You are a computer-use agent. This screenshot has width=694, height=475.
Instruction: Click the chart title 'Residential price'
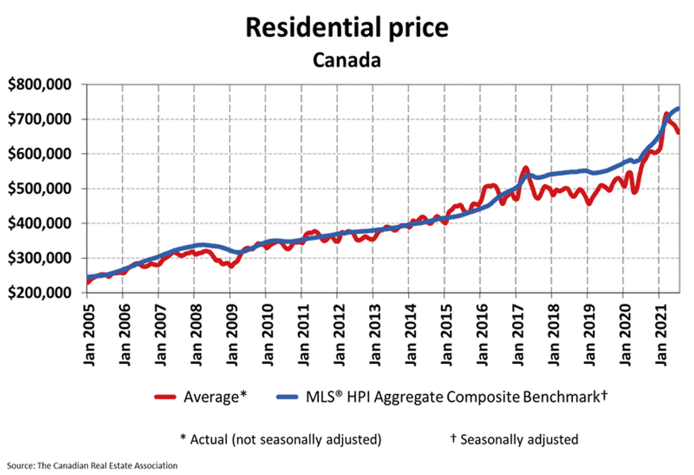point(346,27)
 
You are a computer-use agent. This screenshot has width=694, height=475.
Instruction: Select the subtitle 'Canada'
point(346,59)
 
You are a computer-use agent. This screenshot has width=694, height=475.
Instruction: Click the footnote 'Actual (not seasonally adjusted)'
point(281,439)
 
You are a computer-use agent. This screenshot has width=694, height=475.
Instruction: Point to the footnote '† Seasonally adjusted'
point(514,439)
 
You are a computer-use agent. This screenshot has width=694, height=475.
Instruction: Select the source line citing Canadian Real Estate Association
point(89,466)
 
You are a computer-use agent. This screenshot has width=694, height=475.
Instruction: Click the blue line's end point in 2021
point(678,108)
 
